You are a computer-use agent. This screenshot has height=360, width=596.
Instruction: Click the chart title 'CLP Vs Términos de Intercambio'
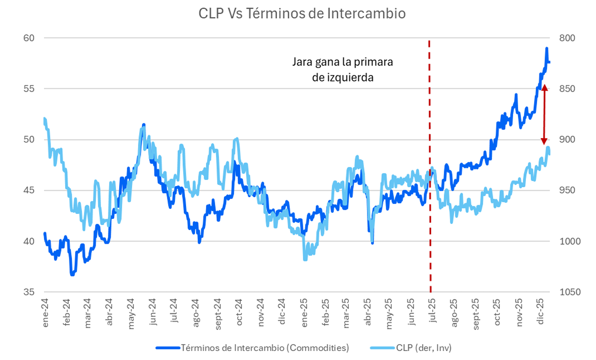click(302, 14)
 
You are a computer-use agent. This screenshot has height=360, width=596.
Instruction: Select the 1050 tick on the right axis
click(567, 292)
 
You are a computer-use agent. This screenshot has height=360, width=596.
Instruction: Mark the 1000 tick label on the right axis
click(567, 241)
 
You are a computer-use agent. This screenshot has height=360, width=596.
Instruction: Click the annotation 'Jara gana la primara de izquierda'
click(343, 70)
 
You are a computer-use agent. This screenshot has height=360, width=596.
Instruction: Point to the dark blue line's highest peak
click(546, 49)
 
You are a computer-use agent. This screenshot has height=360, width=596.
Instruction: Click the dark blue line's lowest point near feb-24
click(72, 275)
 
